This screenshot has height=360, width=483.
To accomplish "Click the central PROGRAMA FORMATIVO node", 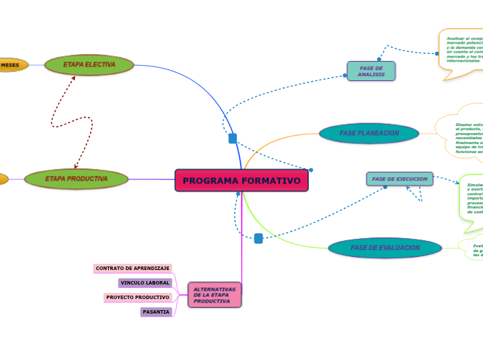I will (x=241, y=181).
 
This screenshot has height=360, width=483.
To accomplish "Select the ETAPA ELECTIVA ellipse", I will (x=89, y=65).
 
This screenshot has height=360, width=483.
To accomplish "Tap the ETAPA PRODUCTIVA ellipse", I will (x=76, y=179).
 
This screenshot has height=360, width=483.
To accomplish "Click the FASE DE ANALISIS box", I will (x=371, y=71).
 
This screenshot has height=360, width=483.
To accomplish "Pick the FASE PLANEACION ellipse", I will (x=369, y=133).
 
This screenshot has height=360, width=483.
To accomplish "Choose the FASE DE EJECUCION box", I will (x=399, y=179).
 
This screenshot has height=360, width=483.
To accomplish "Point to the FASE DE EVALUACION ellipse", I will (x=385, y=248).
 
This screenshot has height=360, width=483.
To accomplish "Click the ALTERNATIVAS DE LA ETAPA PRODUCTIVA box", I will (x=214, y=296).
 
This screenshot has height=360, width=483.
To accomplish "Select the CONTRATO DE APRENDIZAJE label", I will (x=132, y=268).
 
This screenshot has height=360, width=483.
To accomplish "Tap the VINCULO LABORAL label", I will (x=145, y=282).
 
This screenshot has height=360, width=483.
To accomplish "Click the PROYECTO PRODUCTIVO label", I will (x=138, y=297).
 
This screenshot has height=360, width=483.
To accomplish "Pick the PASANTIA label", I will (x=156, y=312).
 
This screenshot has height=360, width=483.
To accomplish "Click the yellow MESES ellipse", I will (x=12, y=65).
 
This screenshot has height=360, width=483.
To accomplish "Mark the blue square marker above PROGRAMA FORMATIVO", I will (x=233, y=138).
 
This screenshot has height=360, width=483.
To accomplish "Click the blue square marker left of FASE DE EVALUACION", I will (x=258, y=238).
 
